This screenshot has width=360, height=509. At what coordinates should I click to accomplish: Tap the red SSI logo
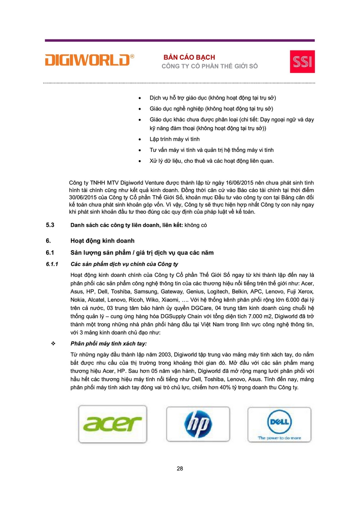coord(302,61)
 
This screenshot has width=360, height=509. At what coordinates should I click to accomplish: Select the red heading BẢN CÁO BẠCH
coord(189,57)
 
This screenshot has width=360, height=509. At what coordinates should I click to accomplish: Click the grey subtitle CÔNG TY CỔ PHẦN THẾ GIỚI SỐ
coord(210,66)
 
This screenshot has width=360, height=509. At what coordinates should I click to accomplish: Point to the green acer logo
coord(112,424)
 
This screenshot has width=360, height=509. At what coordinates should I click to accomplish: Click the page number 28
coord(180,468)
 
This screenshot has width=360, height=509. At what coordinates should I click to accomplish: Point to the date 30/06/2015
coord(84,197)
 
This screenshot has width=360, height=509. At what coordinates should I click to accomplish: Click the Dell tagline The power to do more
coord(279,437)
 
